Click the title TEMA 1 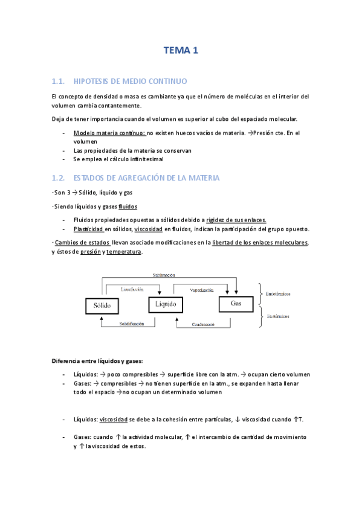click(x=181, y=52)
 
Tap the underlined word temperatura click(x=124, y=252)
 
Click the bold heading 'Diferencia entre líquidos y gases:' click(x=97, y=361)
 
